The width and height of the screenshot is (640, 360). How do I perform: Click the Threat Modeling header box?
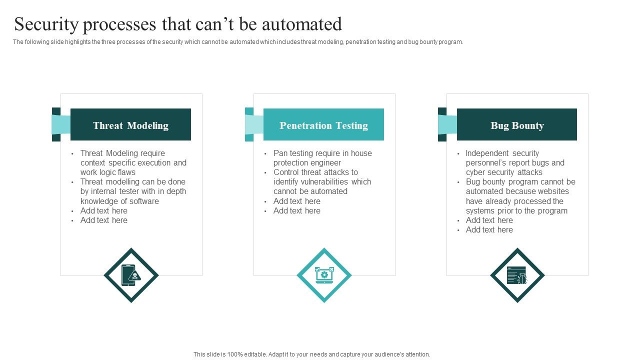point(130,125)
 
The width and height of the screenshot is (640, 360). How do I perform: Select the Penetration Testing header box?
point(323,125)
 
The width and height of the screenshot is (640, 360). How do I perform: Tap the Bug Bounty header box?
point(517,125)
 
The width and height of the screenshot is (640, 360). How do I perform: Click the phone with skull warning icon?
point(131,275)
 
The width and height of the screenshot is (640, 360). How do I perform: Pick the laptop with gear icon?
point(324,275)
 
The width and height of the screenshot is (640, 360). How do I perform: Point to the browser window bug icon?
point(517,275)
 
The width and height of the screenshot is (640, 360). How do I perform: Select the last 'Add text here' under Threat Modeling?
point(104,220)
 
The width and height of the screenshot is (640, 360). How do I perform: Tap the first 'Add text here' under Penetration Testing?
point(297,201)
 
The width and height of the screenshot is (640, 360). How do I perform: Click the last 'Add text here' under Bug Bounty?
point(489,229)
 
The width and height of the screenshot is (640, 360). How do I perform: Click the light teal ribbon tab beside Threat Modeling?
point(61,125)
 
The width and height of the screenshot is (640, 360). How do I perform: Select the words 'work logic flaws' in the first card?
point(108,172)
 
